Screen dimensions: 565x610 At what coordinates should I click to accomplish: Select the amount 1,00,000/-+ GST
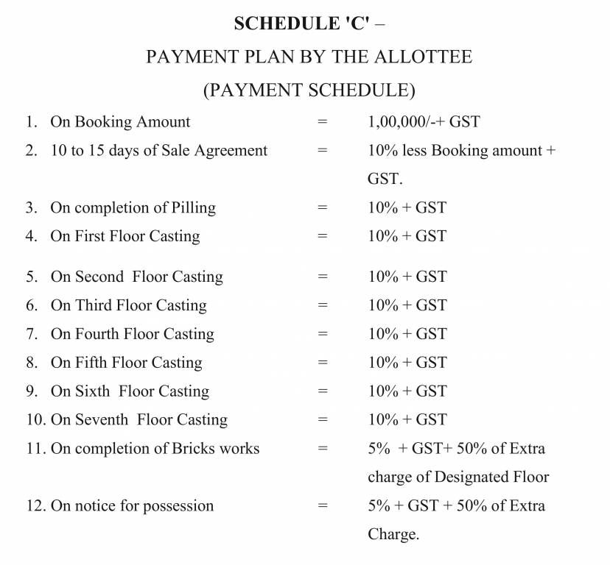424,122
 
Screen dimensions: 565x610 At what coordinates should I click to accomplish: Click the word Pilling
189,208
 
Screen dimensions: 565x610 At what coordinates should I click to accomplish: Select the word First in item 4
90,237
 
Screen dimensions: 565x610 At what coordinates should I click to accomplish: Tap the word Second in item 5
99,277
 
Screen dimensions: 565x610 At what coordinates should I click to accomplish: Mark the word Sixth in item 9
92,392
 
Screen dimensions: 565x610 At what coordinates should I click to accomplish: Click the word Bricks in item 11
177,449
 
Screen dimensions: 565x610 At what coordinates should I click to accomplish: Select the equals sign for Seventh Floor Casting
322,420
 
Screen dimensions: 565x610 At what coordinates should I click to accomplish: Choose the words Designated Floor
491,477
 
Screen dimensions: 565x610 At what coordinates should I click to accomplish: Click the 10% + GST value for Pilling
407,208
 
